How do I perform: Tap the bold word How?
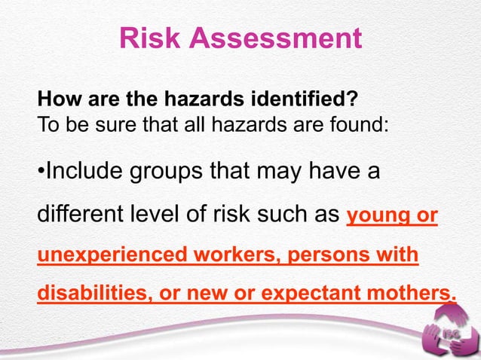(x=55, y=98)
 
